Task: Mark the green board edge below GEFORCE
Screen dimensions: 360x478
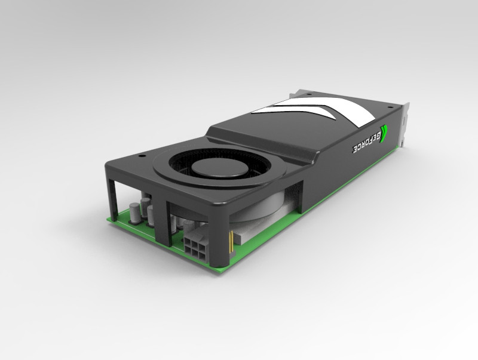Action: click(353, 179)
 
